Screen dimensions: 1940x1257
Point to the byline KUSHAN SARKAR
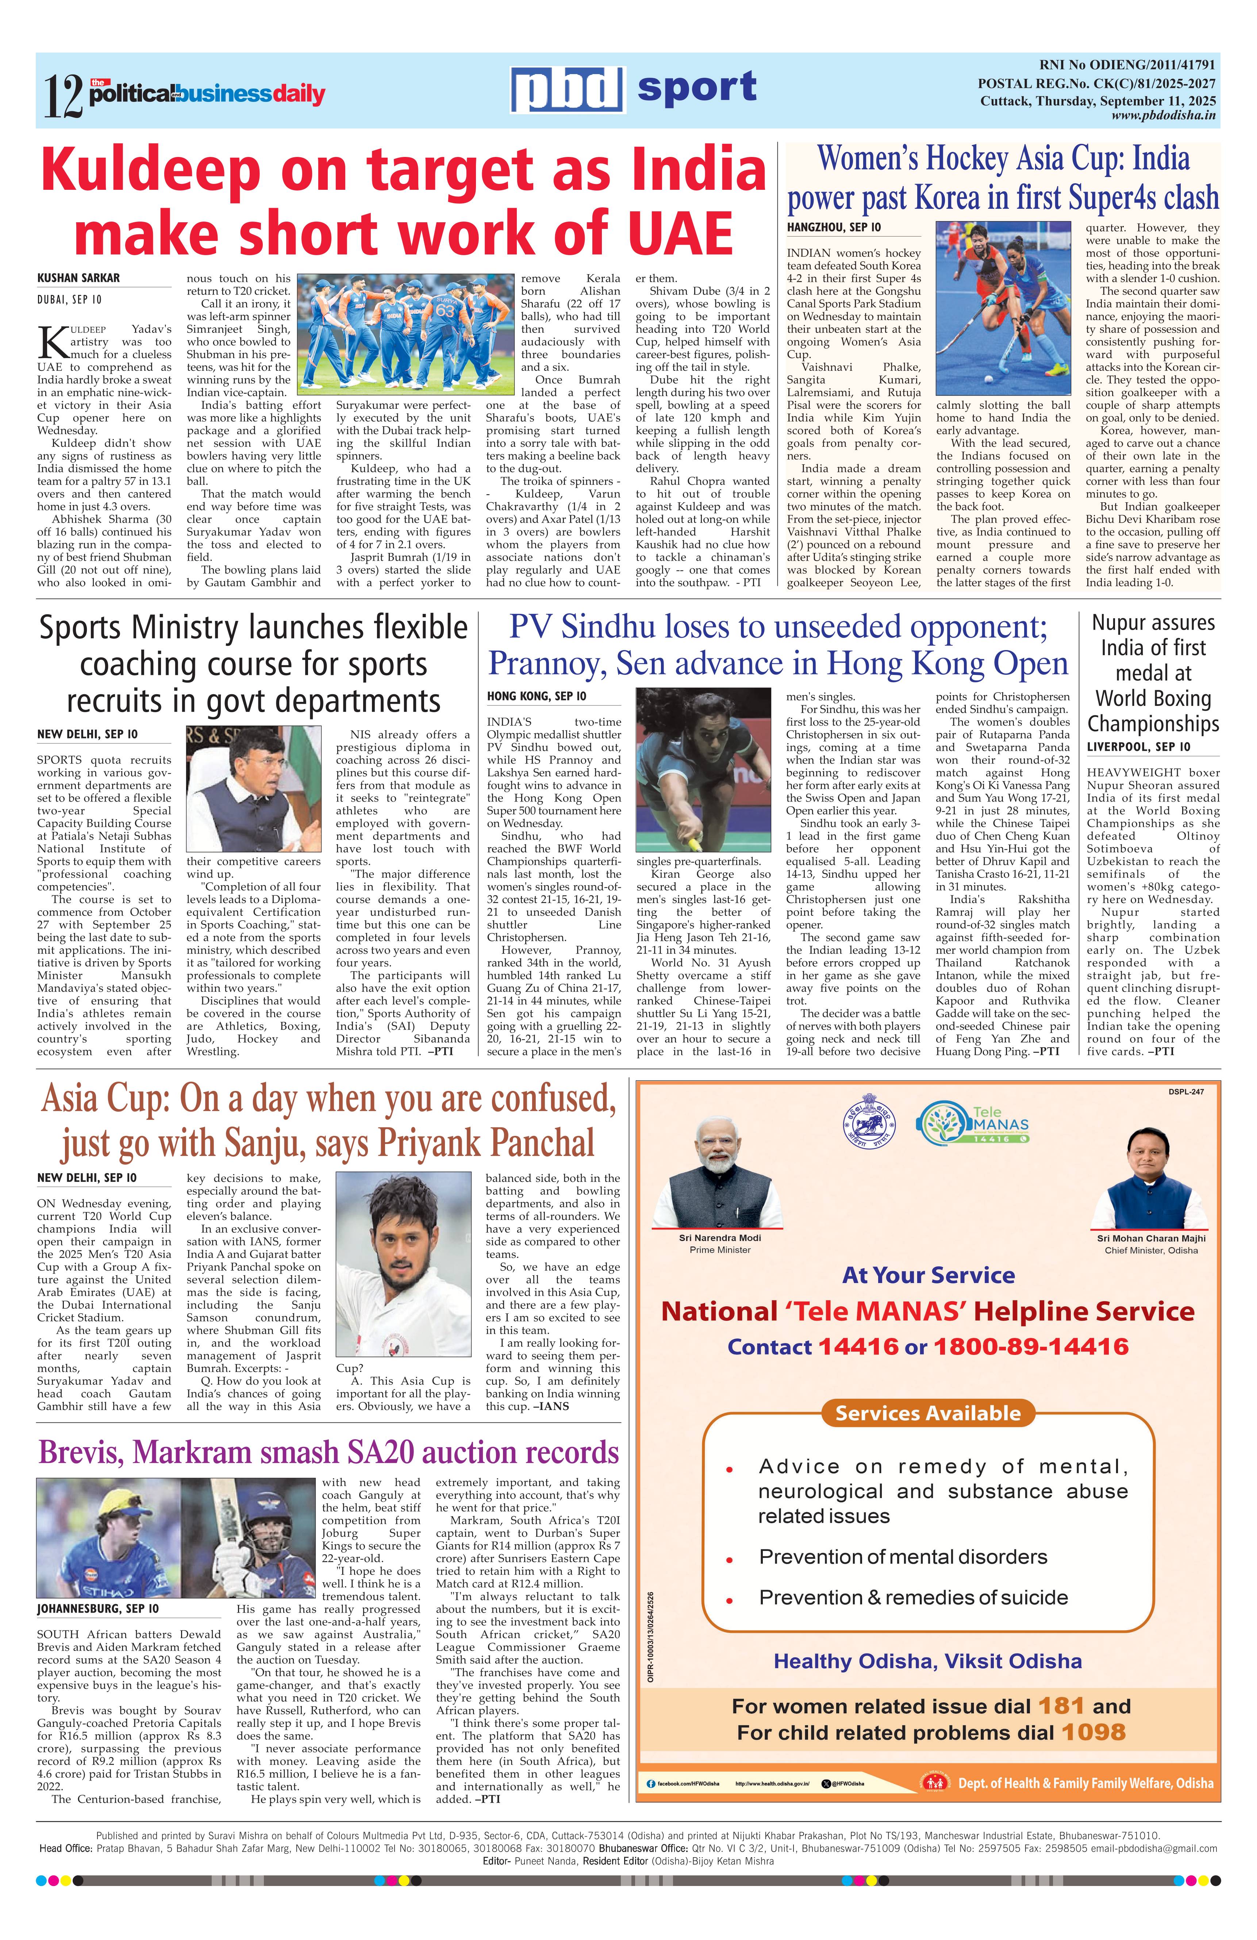click(78, 278)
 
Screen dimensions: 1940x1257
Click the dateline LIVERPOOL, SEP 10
click(1138, 747)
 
